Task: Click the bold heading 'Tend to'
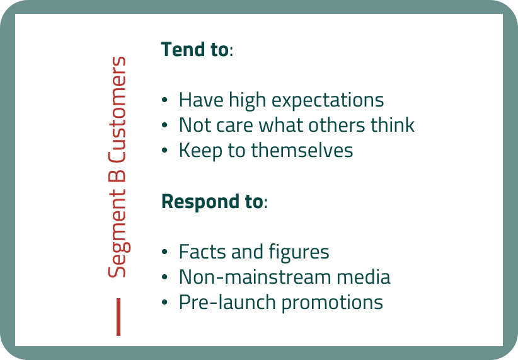195,50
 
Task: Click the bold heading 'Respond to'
212,201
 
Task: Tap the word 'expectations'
328,100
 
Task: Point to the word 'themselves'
302,151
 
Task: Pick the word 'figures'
299,253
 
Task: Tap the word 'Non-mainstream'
255,277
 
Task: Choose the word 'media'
364,277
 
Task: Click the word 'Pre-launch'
227,302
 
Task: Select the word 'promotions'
332,303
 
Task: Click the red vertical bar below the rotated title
118,317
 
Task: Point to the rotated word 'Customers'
117,110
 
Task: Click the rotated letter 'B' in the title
117,176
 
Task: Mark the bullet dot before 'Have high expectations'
165,100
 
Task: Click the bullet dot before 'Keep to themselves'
165,151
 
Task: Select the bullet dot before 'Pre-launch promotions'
165,302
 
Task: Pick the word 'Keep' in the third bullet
201,151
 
